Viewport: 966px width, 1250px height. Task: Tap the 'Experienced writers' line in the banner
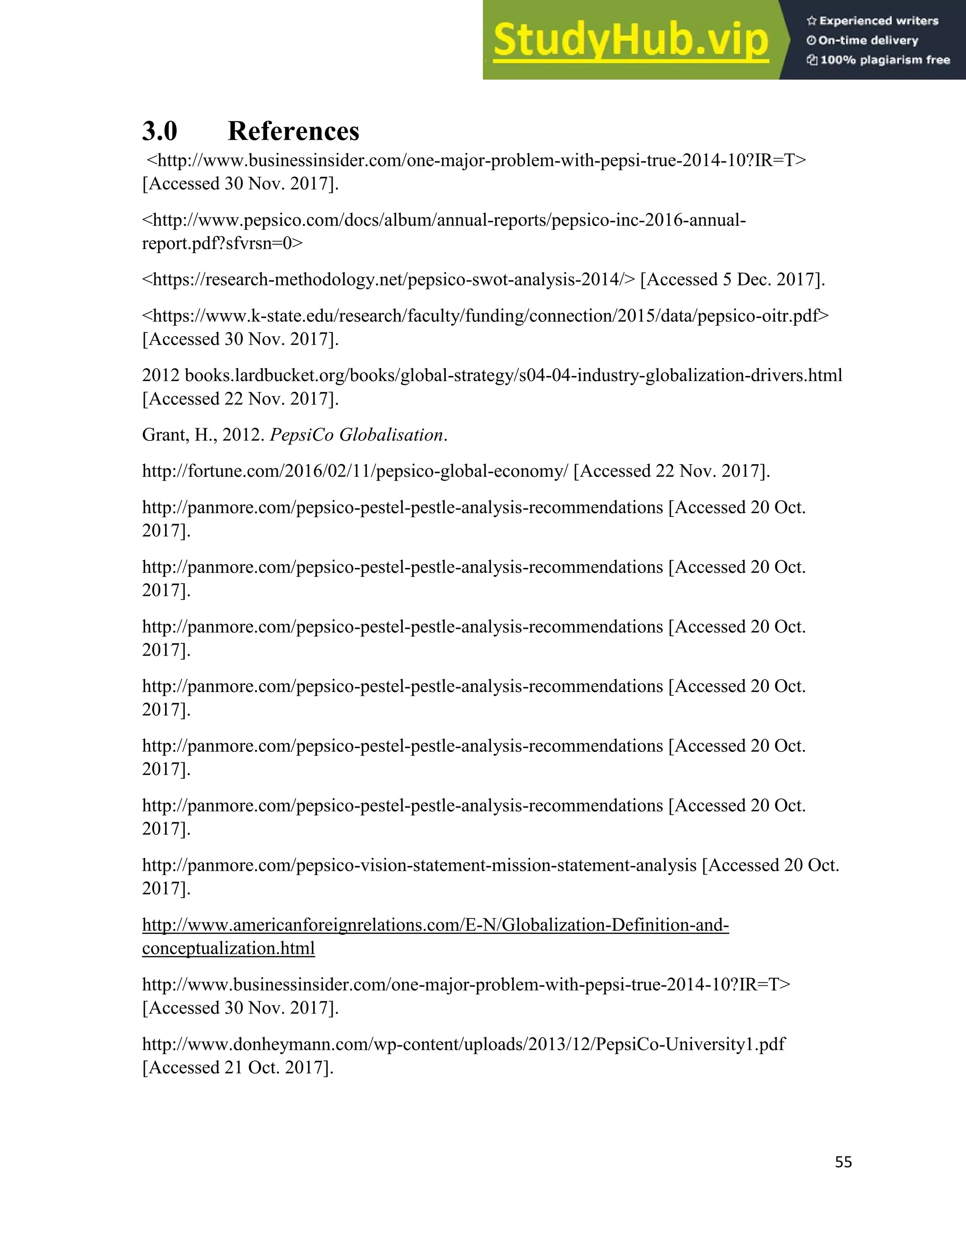point(878,21)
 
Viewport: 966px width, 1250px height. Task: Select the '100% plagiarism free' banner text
point(884,60)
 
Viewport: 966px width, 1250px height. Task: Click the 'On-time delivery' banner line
point(868,41)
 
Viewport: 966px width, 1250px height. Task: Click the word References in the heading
point(293,131)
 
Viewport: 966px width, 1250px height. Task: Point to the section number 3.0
point(160,131)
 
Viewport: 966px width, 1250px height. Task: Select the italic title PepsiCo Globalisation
point(356,435)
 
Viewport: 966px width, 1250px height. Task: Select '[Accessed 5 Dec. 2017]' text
point(733,280)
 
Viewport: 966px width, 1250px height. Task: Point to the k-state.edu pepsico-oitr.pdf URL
point(485,316)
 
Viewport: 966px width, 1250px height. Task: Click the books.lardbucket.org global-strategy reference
point(512,375)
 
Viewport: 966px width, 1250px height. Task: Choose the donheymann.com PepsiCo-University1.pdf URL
point(464,1044)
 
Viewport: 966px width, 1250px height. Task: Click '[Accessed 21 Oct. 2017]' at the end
point(238,1067)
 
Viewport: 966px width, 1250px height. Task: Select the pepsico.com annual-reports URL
point(443,220)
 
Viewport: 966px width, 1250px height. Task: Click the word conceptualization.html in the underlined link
point(228,949)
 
